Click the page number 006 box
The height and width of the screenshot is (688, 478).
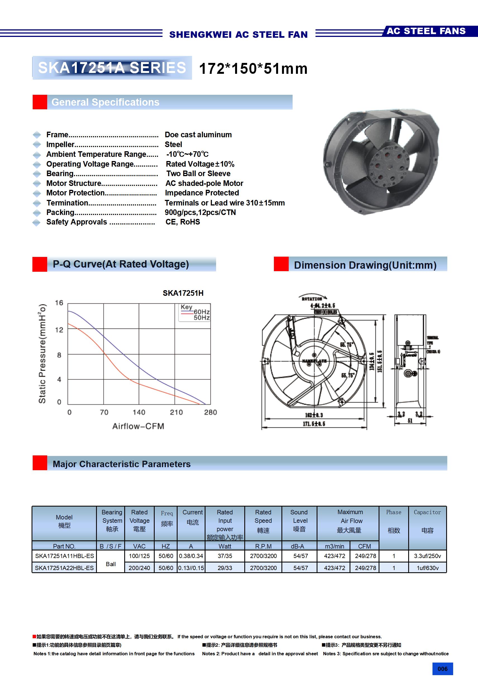click(442, 668)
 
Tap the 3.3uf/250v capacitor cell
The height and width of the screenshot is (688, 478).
click(427, 556)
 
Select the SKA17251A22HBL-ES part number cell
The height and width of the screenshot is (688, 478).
click(64, 568)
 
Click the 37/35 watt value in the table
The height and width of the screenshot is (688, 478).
click(225, 556)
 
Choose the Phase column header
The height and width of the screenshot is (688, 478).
click(394, 521)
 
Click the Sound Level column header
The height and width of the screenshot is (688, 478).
click(299, 521)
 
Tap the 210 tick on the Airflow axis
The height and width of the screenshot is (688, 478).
click(176, 412)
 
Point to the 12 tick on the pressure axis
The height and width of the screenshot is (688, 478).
click(59, 330)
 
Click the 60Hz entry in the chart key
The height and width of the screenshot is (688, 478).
click(201, 312)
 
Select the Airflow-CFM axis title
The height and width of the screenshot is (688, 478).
click(138, 426)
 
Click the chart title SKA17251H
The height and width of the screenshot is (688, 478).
click(183, 293)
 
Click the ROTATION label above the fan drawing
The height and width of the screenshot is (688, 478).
click(312, 299)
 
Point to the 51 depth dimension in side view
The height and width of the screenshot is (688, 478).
click(410, 421)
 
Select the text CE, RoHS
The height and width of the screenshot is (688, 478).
click(183, 222)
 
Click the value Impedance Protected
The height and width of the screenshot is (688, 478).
click(202, 193)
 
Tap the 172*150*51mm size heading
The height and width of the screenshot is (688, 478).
click(253, 68)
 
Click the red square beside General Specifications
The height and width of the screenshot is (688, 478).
click(40, 102)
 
